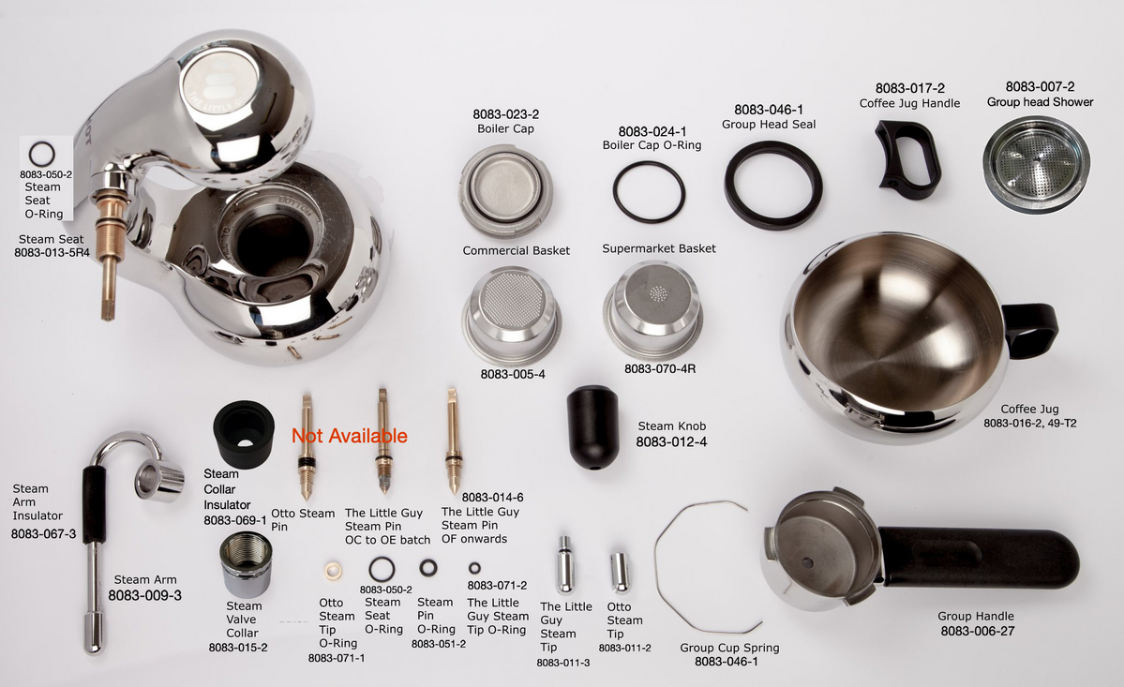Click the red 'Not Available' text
pos(349,436)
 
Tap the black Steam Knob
pos(593,425)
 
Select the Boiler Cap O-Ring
pos(649,191)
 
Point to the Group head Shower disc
pos(1036,164)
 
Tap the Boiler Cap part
pos(505,190)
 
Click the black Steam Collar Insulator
pos(243,433)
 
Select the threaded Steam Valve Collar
pos(245,565)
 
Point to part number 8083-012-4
pos(671,441)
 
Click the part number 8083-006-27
pos(976,631)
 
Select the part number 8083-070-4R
pos(660,368)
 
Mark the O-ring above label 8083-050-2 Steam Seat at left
pos(41,153)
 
